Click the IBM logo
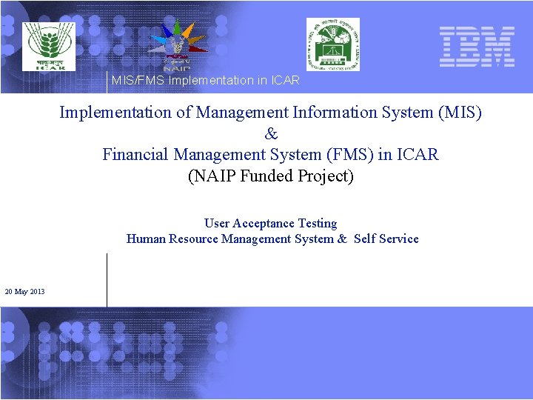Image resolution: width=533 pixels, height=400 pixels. pos(476,47)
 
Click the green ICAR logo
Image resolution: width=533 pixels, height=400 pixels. pos(48,47)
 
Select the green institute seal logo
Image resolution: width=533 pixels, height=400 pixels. pos(333,44)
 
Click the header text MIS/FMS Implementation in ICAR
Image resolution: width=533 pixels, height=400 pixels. pos(205,80)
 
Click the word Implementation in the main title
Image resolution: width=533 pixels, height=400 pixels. pos(115,113)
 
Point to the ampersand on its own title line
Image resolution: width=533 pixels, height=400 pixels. pos(271,134)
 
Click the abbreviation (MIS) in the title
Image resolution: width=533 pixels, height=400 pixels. pos(460,113)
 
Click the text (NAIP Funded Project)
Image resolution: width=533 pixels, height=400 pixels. pos(271,176)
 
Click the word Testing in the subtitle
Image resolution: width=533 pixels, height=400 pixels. pos(318,223)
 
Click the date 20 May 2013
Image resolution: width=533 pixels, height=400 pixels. pos(24,292)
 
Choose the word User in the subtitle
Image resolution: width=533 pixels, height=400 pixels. pos(217,223)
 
